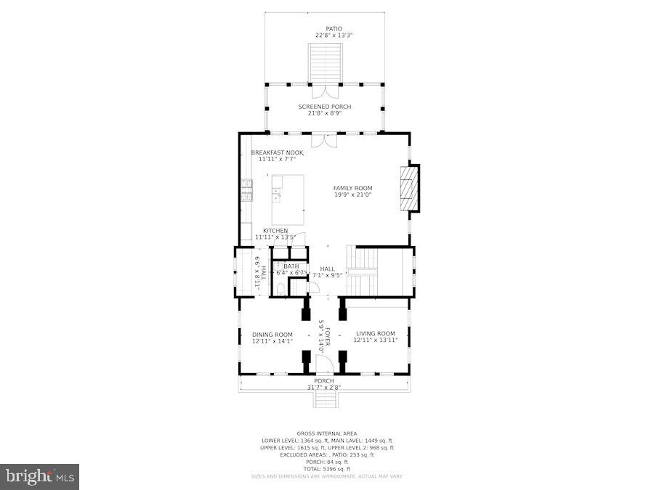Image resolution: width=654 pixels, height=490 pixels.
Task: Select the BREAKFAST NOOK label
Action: point(277,152)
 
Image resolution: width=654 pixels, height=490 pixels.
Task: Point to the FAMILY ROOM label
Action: point(352,188)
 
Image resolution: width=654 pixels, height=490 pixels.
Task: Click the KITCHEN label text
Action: point(275,231)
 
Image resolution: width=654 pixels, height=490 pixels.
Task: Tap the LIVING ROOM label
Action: point(375,334)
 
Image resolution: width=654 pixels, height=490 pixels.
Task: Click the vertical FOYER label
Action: point(328,337)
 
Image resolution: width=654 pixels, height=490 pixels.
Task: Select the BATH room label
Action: point(291,266)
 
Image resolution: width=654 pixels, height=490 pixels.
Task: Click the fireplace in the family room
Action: point(409,189)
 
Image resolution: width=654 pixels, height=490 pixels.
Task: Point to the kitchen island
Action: point(288,199)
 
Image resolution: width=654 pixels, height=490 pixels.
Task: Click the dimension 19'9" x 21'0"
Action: point(352,195)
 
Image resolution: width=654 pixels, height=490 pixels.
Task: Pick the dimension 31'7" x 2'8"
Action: point(324,387)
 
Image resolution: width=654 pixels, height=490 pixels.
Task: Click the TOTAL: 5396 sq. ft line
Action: point(326,468)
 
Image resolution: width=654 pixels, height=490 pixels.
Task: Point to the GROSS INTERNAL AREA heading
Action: point(326,433)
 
